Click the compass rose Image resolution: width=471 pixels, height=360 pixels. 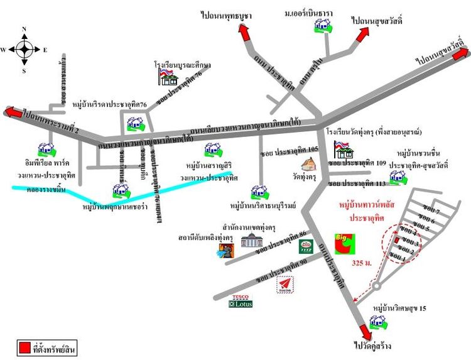(24, 49)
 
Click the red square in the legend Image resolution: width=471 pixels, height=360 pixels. (24, 347)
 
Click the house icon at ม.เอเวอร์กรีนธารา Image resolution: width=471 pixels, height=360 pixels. (323, 25)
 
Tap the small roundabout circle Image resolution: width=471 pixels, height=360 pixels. (376, 286)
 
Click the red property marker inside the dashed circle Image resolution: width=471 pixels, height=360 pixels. (396, 240)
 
